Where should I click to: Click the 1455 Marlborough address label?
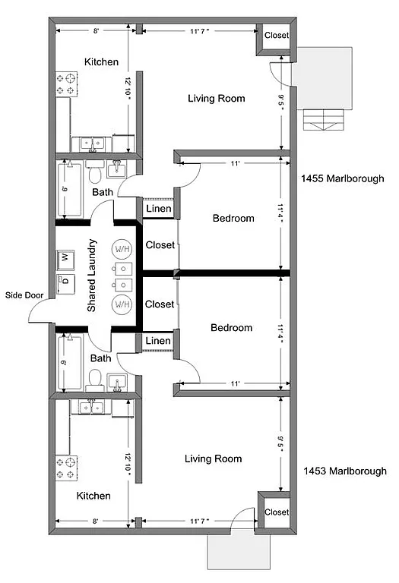(x=344, y=179)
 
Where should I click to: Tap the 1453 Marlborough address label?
(x=344, y=471)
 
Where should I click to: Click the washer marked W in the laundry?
(x=65, y=259)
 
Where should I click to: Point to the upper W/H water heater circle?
(x=122, y=248)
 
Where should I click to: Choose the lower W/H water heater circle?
(x=122, y=304)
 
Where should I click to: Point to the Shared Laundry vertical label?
(x=92, y=276)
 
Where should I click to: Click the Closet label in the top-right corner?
(x=276, y=35)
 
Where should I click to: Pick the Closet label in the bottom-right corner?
(x=276, y=512)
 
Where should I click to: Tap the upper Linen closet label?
(x=158, y=209)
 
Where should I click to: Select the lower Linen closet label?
(x=158, y=341)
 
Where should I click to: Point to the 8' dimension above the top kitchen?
(x=96, y=31)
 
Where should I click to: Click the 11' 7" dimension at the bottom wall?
(x=200, y=522)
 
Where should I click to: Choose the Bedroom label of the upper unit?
(x=233, y=219)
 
